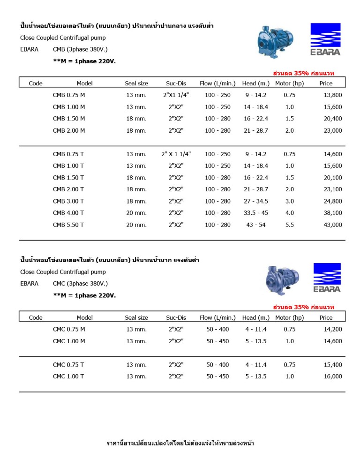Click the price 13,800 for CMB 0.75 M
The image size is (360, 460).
333,95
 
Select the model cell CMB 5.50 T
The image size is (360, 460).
68,225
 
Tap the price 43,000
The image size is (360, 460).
333,225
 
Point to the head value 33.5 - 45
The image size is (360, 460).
256,213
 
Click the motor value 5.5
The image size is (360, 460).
290,225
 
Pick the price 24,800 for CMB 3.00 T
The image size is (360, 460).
333,201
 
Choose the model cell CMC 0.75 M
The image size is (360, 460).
69,329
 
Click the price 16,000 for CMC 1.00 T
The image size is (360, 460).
333,376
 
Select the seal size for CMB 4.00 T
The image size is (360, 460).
136,213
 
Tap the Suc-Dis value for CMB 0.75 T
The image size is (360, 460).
176,154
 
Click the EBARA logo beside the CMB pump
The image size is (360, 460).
325,39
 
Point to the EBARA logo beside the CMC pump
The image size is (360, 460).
327,278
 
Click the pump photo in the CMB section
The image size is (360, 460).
277,39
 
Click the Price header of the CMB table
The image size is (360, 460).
326,83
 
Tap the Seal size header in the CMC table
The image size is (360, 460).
136,317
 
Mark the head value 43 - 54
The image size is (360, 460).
256,225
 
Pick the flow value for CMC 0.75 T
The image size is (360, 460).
217,364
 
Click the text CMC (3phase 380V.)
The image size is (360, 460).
81,284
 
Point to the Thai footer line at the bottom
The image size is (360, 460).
180,443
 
